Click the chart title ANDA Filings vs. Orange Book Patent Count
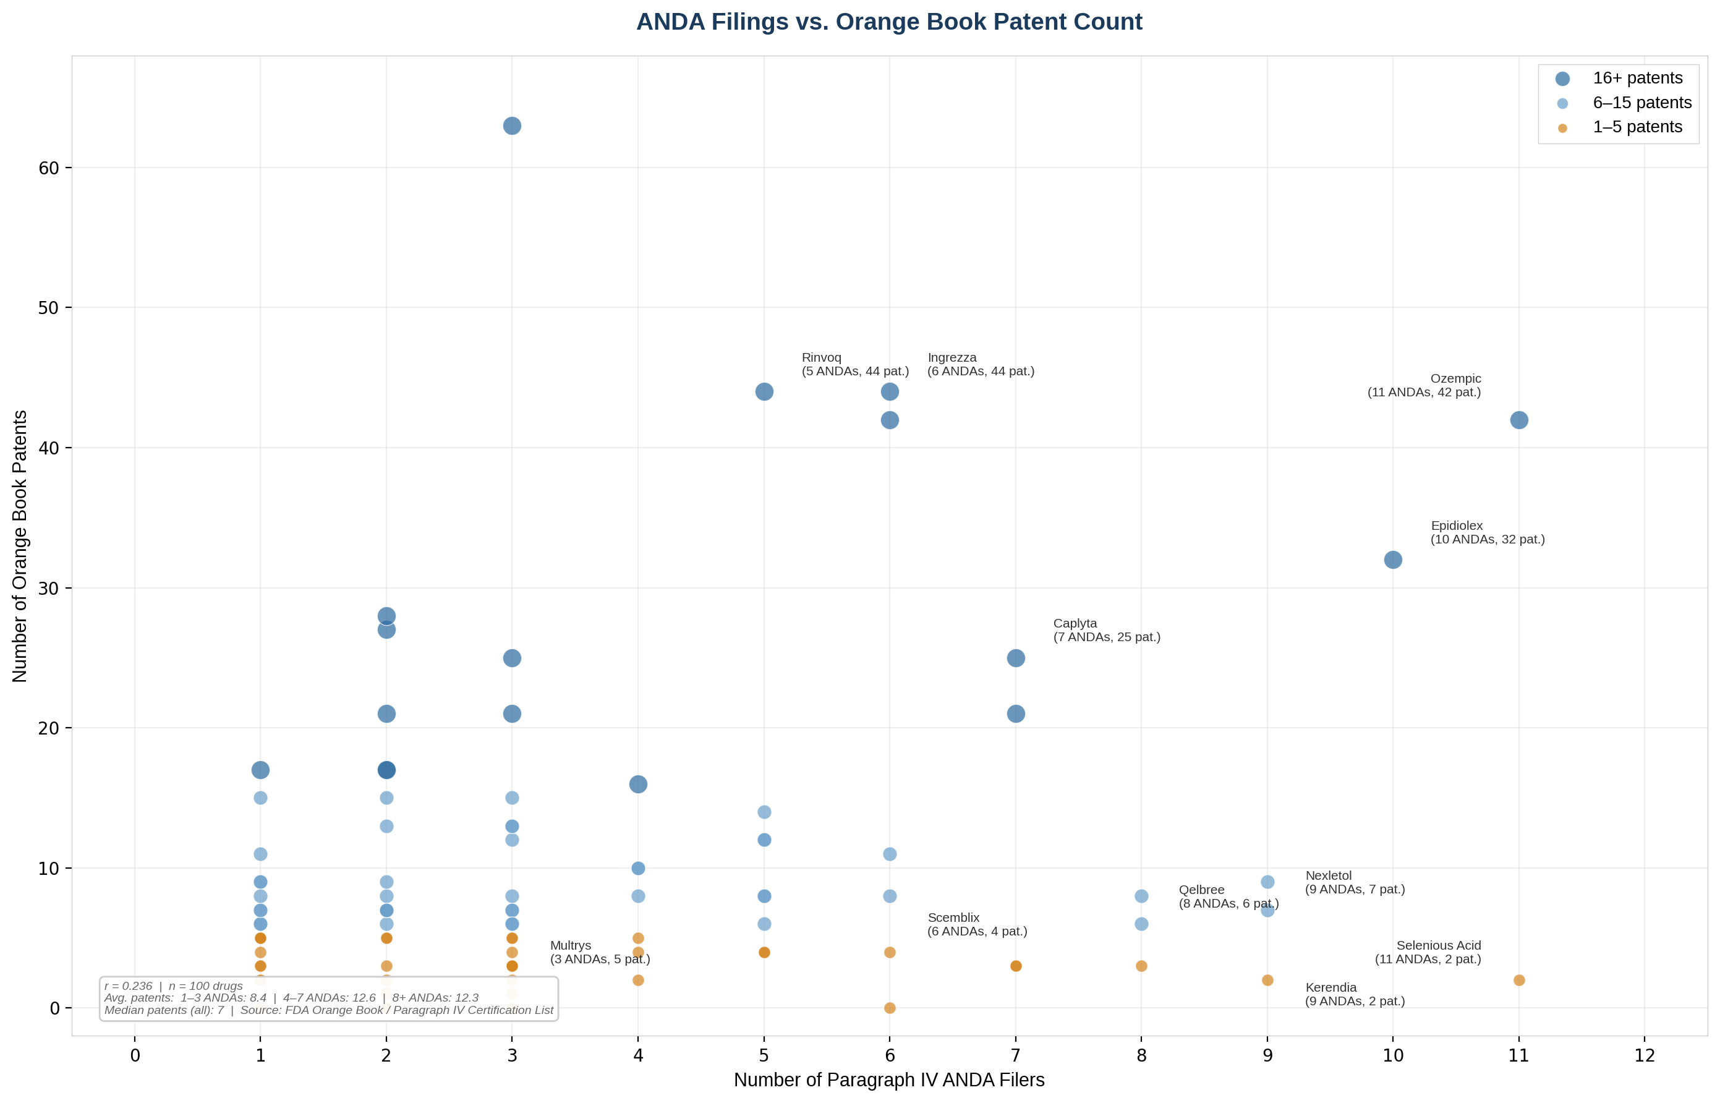(888, 22)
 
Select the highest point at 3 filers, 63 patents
(512, 126)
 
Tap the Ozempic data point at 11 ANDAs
(1519, 420)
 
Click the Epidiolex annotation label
(1488, 532)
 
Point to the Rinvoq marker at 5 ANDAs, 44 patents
(764, 392)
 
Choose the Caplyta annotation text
(1106, 630)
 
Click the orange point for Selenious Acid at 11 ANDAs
(1519, 980)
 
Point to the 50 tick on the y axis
(49, 308)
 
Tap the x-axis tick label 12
(1645, 1055)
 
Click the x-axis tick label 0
(135, 1055)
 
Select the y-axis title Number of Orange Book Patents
(20, 546)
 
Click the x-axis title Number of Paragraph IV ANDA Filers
(888, 1080)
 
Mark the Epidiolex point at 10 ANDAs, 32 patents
(1393, 560)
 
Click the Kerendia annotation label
(1354, 994)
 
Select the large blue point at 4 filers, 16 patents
(638, 784)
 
